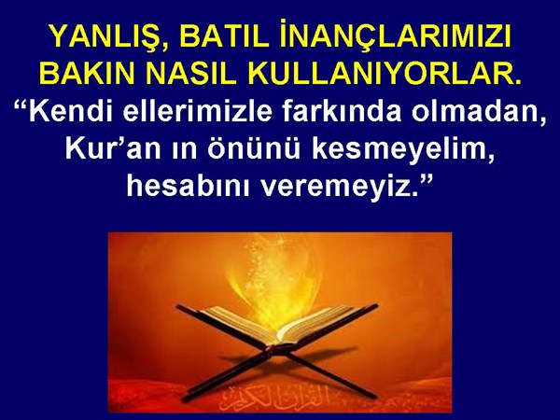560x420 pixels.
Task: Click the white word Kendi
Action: click(x=73, y=111)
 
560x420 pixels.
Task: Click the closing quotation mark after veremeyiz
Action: click(x=426, y=179)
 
